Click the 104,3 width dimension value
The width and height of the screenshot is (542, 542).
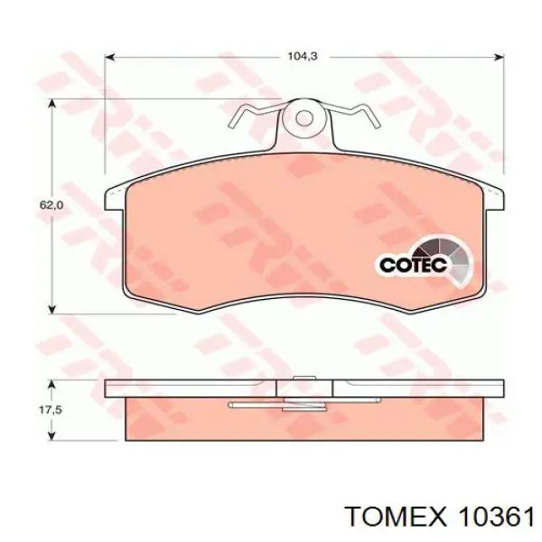point(302,55)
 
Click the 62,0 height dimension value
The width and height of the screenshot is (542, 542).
point(51,206)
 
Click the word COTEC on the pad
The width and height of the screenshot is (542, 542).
point(406,266)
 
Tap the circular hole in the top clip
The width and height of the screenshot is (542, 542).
point(304,117)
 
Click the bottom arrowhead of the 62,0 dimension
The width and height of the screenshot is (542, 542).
point(51,308)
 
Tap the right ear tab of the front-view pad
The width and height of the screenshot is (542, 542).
point(494,196)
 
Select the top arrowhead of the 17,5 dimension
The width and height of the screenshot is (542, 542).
point(51,383)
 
